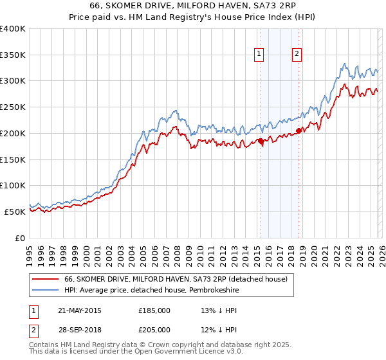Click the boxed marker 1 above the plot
259,55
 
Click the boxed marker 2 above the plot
297,55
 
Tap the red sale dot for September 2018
299,130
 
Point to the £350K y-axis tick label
13,55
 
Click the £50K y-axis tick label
15,212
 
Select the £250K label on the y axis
13,107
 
